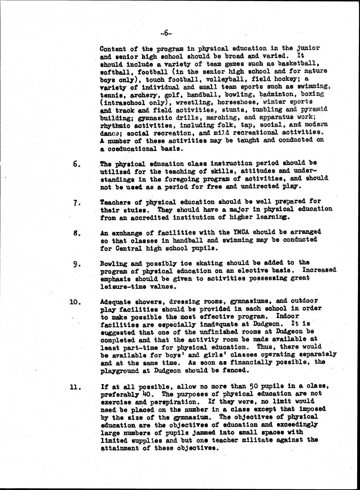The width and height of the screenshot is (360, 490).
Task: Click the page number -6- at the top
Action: point(166,34)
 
